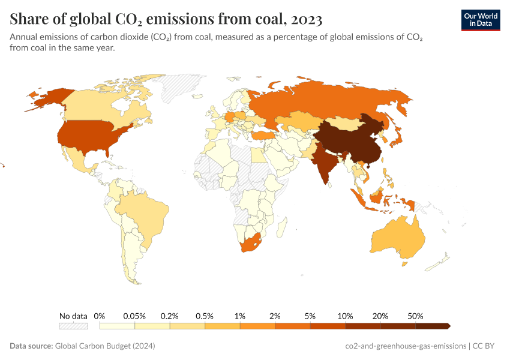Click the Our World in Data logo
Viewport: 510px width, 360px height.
click(480, 19)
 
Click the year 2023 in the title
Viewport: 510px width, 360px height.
click(307, 20)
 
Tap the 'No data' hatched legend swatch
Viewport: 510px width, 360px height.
click(73, 326)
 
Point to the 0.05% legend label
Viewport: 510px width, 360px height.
click(134, 316)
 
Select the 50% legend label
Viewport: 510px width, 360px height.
click(415, 316)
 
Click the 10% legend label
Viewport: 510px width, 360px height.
click(345, 316)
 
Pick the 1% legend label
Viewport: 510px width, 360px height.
click(240, 316)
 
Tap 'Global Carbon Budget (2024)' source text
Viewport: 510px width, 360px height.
click(105, 346)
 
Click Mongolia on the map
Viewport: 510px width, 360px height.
click(342, 123)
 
